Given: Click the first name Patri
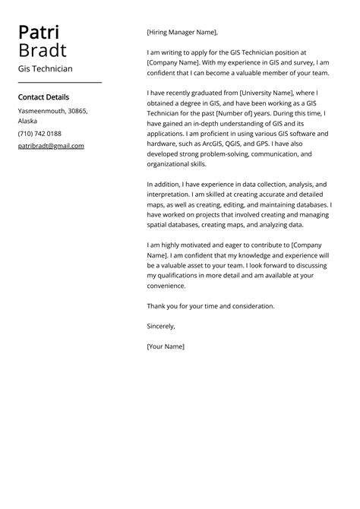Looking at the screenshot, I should (x=39, y=33).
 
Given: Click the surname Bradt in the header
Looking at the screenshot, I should (x=43, y=51).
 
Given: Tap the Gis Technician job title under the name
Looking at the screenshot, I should (x=46, y=68).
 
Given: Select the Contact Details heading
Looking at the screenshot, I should (x=43, y=97).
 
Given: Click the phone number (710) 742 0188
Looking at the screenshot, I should (x=39, y=133).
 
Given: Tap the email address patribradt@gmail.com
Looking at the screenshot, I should (x=51, y=146).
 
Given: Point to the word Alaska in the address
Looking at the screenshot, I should (x=27, y=121).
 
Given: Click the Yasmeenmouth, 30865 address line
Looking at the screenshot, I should (x=52, y=111).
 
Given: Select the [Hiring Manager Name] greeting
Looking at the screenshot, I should (x=182, y=33).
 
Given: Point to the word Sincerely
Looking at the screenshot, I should (x=161, y=326).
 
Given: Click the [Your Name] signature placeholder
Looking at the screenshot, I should (x=166, y=346).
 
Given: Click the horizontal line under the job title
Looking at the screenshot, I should (x=59, y=82).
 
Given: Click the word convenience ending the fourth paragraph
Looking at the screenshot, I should (x=166, y=286).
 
